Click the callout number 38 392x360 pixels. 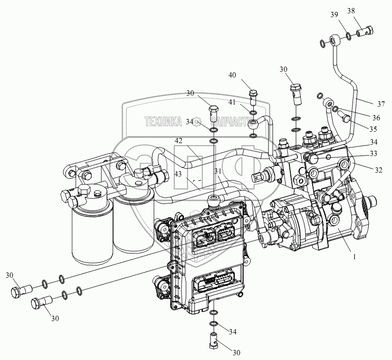point(364,10)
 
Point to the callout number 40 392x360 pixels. point(232,75)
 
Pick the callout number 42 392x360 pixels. point(179,141)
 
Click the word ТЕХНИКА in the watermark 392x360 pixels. point(163,122)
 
